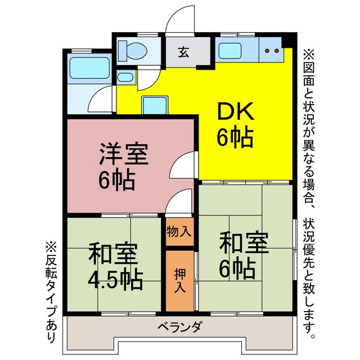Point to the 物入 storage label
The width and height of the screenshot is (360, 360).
pos(179,231)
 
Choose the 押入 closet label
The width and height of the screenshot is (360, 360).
pos(179,277)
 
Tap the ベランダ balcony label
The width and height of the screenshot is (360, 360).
pos(179,327)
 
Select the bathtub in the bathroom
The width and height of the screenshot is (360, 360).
pos(84,67)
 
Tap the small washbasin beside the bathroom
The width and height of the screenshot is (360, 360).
pos(125,77)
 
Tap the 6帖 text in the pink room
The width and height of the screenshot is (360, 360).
pos(117,181)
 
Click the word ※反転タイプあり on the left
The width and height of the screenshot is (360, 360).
pos(51,292)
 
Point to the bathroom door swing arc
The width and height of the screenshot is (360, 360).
pos(102,99)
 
